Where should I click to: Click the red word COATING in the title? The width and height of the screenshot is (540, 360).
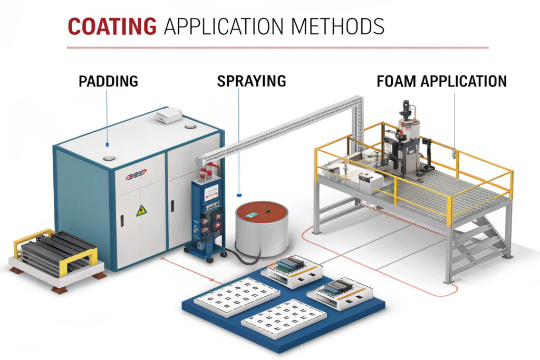tap(112, 26)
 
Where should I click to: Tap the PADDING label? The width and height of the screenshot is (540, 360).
tap(108, 81)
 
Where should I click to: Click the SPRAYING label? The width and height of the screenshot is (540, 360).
tap(252, 81)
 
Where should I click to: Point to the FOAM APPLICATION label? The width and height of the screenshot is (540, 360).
tap(441, 81)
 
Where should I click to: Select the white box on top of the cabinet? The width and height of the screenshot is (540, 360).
tap(169, 116)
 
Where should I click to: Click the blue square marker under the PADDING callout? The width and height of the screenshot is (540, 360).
tap(107, 143)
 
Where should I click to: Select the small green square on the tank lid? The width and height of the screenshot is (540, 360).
tap(251, 215)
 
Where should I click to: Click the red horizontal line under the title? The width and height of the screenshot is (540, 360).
tap(277, 48)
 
